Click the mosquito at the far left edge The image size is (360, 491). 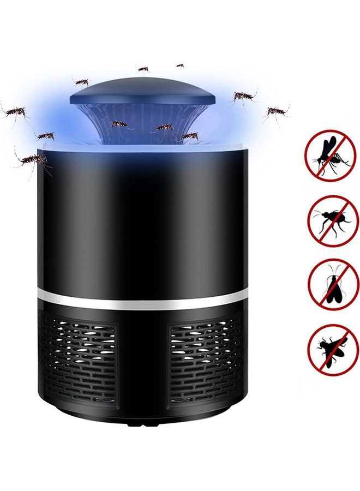[x=15, y=112]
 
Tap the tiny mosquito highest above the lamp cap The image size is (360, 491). [x=179, y=65]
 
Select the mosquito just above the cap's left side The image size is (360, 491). [x=81, y=82]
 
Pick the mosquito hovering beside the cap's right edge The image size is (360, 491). [x=242, y=97]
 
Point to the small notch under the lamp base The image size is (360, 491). [x=143, y=421]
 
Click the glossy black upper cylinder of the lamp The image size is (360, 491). [x=143, y=218]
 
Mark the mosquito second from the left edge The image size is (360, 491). [x=46, y=135]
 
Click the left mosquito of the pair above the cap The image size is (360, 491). [x=143, y=69]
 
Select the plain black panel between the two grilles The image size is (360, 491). [x=143, y=360]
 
